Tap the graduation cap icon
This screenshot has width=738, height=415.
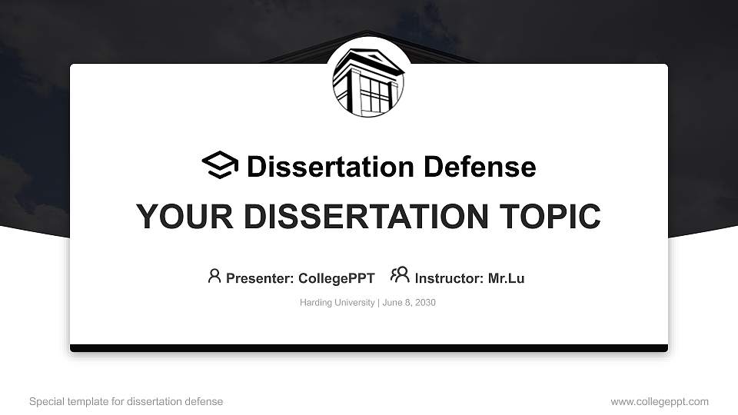coord(220,165)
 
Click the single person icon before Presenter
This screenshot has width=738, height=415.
coord(214,276)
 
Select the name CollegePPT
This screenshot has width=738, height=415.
coord(336,278)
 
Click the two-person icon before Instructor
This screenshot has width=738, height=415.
coord(400,275)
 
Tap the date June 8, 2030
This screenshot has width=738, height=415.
coord(408,303)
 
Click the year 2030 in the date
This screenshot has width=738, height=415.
coord(425,303)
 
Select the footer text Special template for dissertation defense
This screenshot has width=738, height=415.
coord(126,401)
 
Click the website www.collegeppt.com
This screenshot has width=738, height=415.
coord(660,401)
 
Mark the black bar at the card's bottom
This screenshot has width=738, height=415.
coord(369,348)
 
